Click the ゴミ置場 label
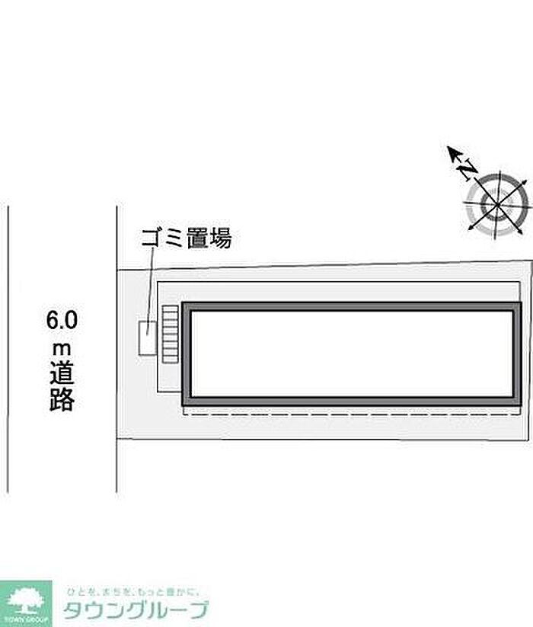(x=186, y=239)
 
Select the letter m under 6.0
(x=61, y=348)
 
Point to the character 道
(x=62, y=374)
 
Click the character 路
(x=62, y=400)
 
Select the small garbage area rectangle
(x=147, y=337)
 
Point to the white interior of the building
(x=351, y=353)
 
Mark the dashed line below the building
(x=350, y=415)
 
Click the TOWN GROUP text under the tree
(x=25, y=619)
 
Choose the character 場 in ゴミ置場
(x=220, y=239)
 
